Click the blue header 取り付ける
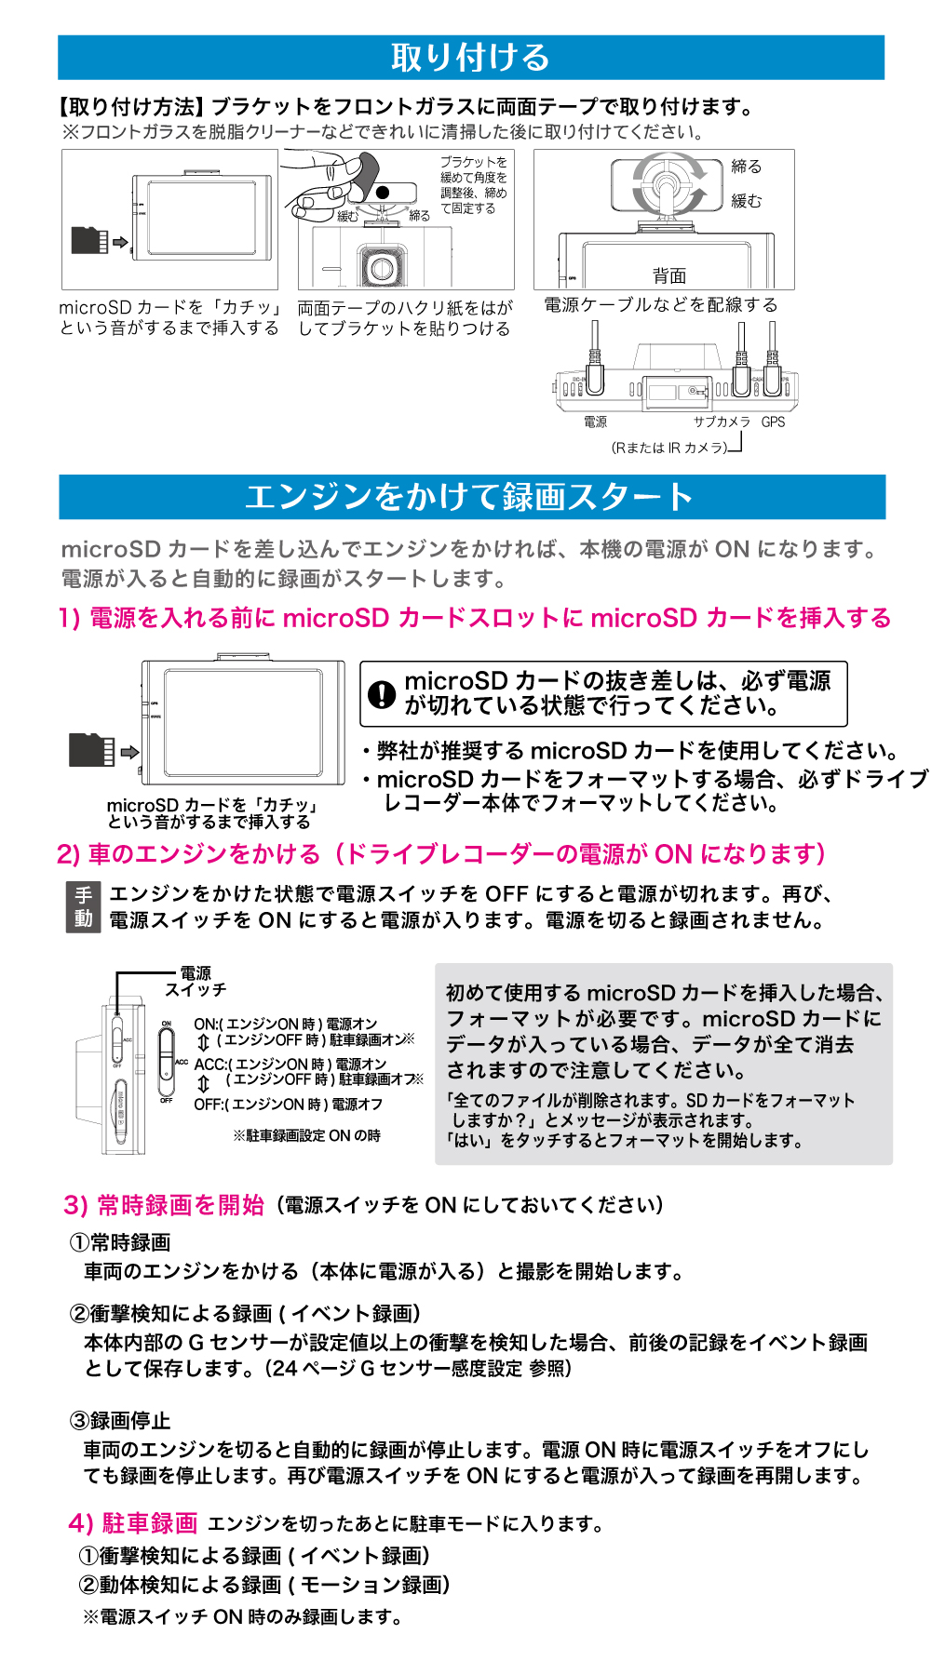(470, 58)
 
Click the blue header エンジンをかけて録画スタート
(470, 497)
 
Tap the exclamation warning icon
(382, 694)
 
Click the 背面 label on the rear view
(668, 275)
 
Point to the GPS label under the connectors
(773, 422)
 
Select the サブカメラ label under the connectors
(722, 422)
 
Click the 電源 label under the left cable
(595, 422)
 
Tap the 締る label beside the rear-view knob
(746, 167)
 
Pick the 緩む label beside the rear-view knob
(746, 201)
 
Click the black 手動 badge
(83, 907)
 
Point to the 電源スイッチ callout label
(196, 982)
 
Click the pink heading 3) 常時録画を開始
(164, 1205)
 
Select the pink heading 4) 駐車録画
(133, 1523)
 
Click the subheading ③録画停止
(120, 1421)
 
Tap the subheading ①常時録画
(120, 1242)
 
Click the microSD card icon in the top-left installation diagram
(89, 240)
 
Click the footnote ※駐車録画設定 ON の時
(306, 1136)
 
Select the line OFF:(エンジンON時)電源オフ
(288, 1105)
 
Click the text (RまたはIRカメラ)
(668, 448)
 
